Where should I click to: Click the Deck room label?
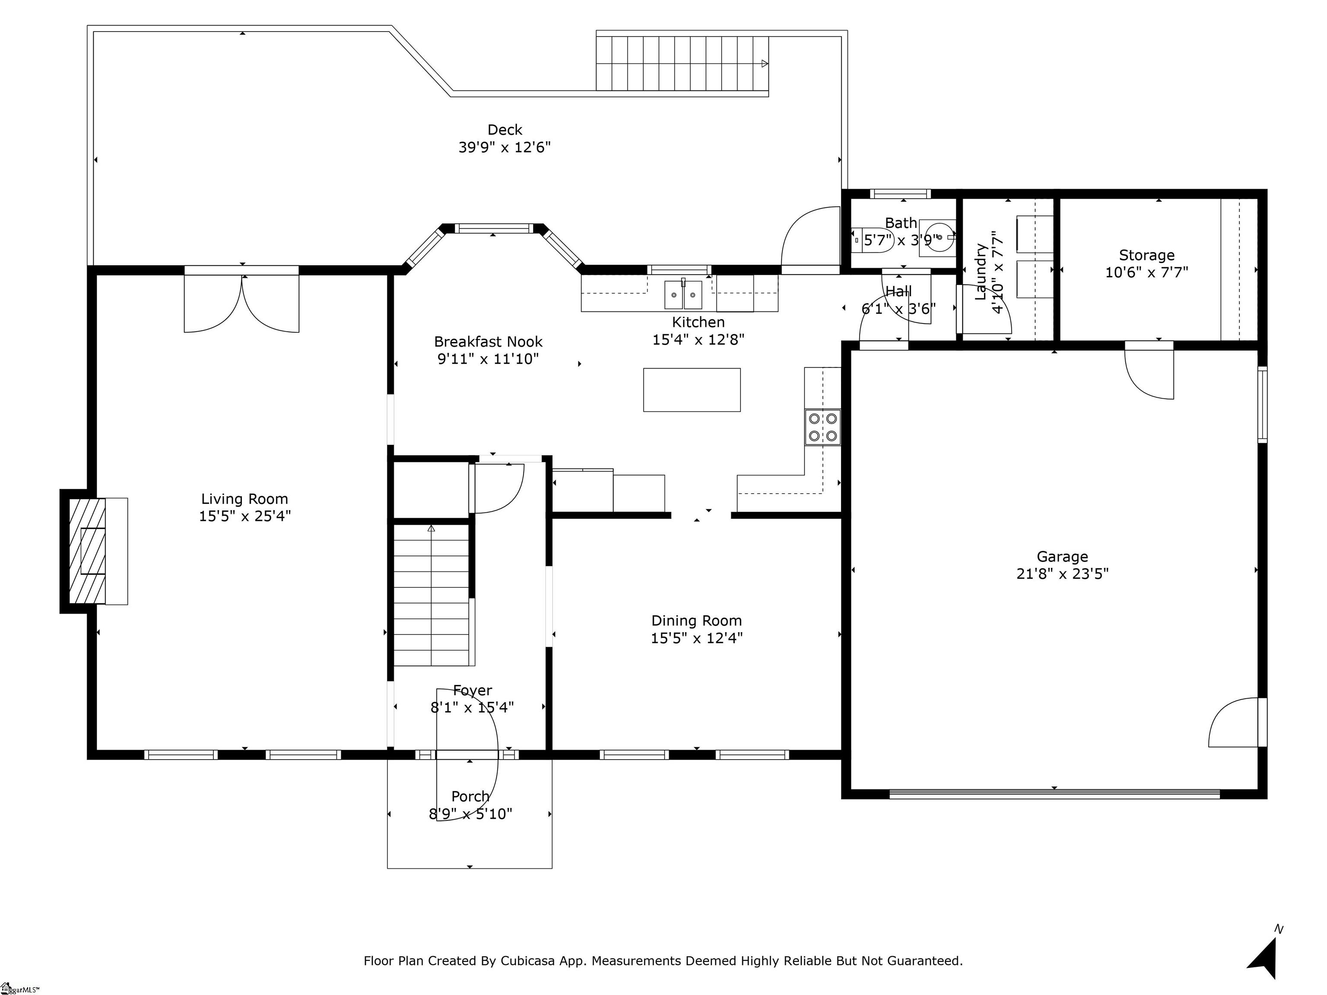505,130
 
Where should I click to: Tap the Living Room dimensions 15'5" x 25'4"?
245,516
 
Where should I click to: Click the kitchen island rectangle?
692,390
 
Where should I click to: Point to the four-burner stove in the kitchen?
822,427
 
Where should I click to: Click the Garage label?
1062,557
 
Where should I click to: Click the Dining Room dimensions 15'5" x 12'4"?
696,637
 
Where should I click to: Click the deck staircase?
682,63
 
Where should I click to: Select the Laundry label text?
981,271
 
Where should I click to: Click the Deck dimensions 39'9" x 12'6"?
505,148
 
